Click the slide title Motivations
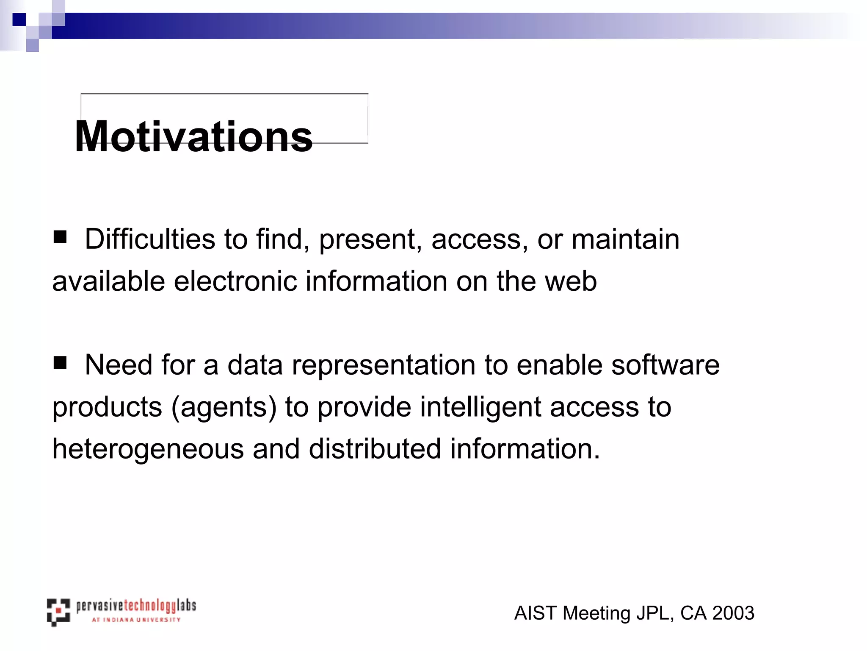(x=193, y=136)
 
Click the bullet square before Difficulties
(x=60, y=237)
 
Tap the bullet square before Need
(x=60, y=363)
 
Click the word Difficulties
(x=150, y=239)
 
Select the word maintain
(x=625, y=239)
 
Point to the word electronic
(x=235, y=281)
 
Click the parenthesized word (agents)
(x=224, y=407)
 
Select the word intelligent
(x=480, y=407)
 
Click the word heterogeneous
(x=148, y=449)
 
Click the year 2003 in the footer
(x=733, y=613)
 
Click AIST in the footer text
(x=536, y=613)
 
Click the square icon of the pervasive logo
(x=58, y=612)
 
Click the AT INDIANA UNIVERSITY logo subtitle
(x=136, y=620)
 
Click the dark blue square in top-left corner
(x=19, y=19)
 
